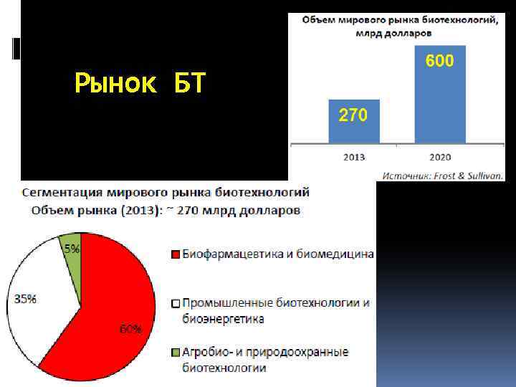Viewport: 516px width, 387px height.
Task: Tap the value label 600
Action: (x=439, y=62)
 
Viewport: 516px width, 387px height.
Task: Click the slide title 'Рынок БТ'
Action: (x=140, y=85)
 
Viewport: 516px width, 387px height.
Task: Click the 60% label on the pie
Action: (x=130, y=329)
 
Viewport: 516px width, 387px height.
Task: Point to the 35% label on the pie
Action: (x=25, y=299)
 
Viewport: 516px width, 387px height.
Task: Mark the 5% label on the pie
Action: (x=72, y=250)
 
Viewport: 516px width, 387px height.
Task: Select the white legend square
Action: (x=175, y=304)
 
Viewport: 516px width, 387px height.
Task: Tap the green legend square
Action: (x=175, y=353)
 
